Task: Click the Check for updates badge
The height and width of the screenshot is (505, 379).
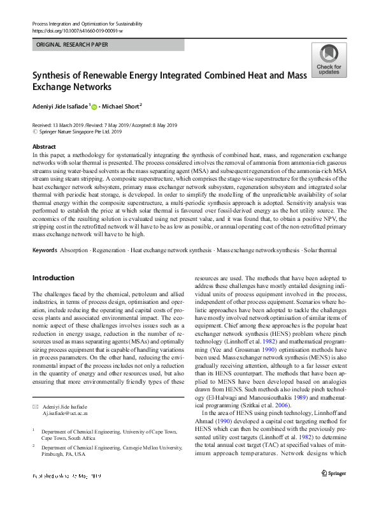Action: (329, 61)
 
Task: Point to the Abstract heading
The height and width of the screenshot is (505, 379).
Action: (44, 146)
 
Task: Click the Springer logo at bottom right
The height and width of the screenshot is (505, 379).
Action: (334, 490)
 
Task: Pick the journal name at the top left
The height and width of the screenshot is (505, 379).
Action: (87, 24)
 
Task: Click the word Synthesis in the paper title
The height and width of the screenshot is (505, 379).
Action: (57, 76)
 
